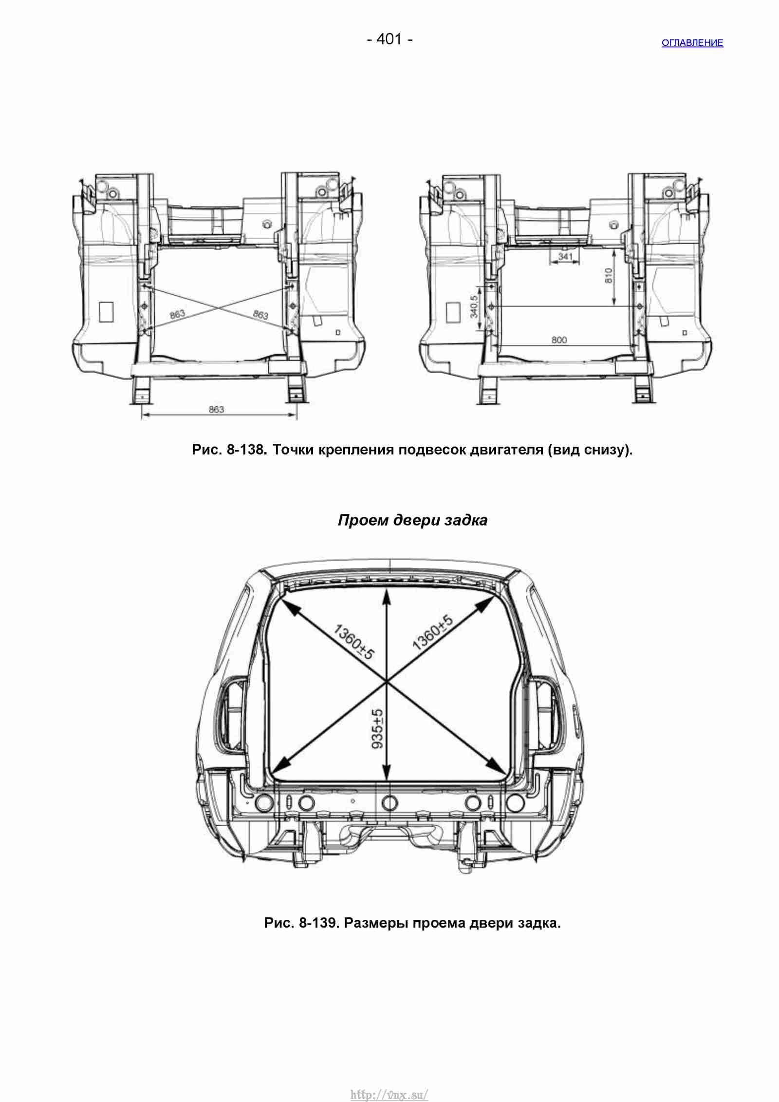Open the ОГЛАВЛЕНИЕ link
pyautogui.click(x=692, y=43)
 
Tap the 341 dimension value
pyautogui.click(x=565, y=257)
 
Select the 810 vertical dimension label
pyautogui.click(x=608, y=277)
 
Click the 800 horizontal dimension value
pyautogui.click(x=559, y=340)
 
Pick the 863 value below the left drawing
pyautogui.click(x=216, y=410)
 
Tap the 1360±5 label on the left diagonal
pyautogui.click(x=354, y=643)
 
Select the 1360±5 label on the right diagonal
pyautogui.click(x=432, y=632)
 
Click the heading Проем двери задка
pyautogui.click(x=412, y=521)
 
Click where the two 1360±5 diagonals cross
pyautogui.click(x=387, y=682)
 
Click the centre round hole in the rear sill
pyautogui.click(x=389, y=802)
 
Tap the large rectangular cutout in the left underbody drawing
pyautogui.click(x=106, y=312)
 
